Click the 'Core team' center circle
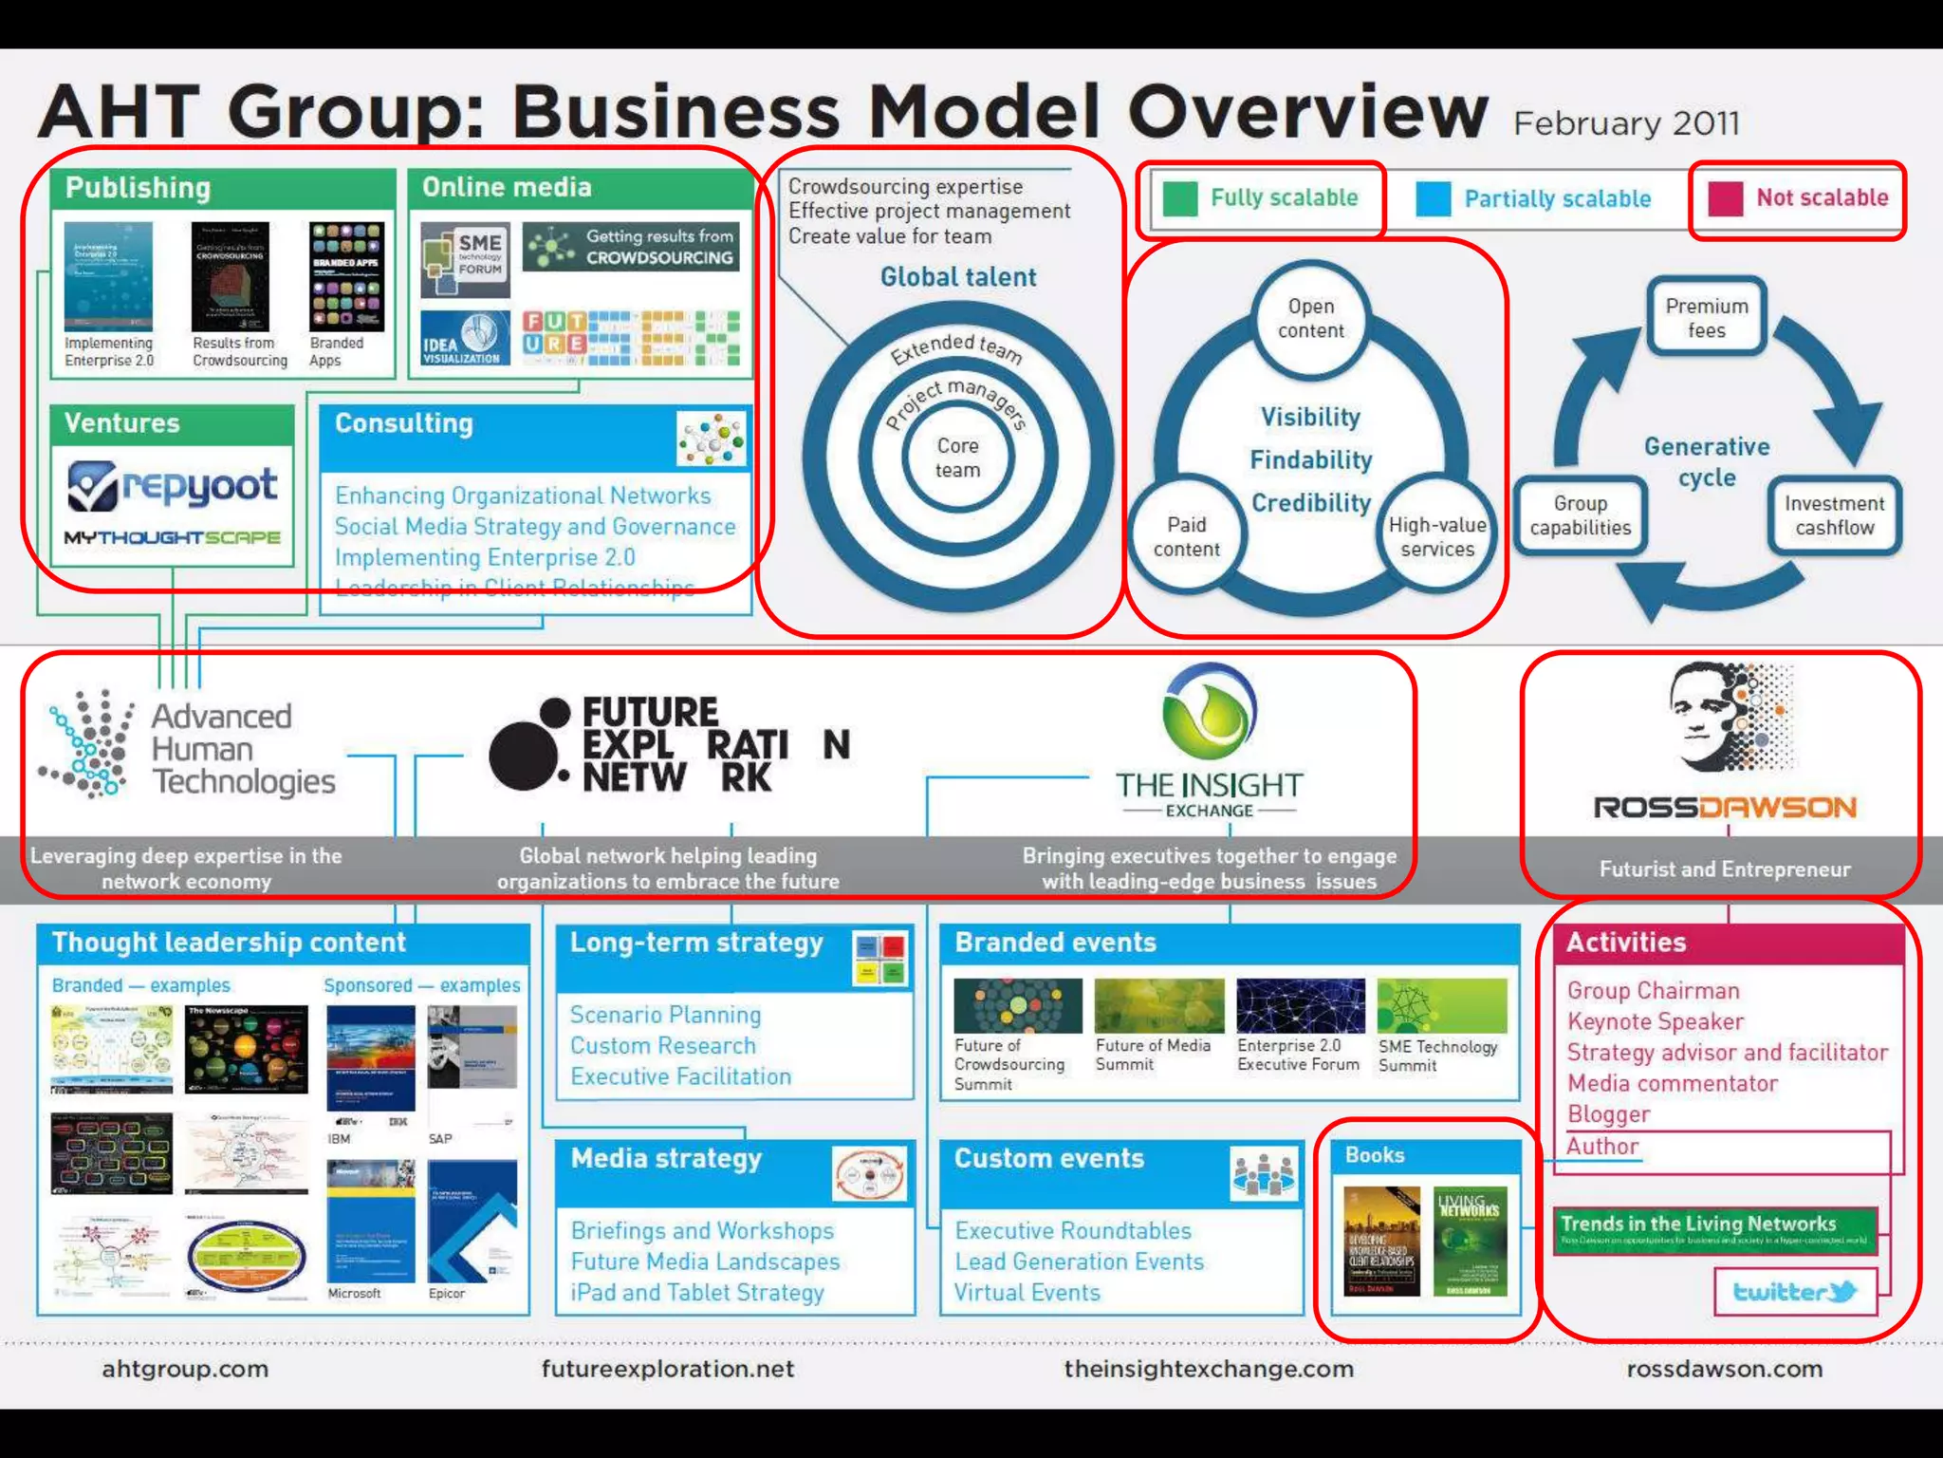pos(957,458)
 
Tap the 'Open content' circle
pos(1310,319)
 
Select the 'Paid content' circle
pos(1186,537)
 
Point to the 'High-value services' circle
pos(1436,537)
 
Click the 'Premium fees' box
pos(1706,318)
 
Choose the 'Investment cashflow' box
pos(1834,515)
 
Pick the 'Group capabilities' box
pos(1580,515)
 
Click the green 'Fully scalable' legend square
pos(1180,198)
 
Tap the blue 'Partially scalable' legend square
pos(1433,198)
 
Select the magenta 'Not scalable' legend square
pos(1725,198)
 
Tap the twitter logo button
pos(1794,1292)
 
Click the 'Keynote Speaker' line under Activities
pos(1656,1022)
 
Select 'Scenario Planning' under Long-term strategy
pos(665,1015)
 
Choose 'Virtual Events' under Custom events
pos(1027,1293)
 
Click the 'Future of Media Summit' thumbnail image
pos(1158,1006)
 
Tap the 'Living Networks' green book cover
pos(1470,1242)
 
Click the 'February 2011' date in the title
pos(1626,124)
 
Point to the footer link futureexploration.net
pos(668,1369)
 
